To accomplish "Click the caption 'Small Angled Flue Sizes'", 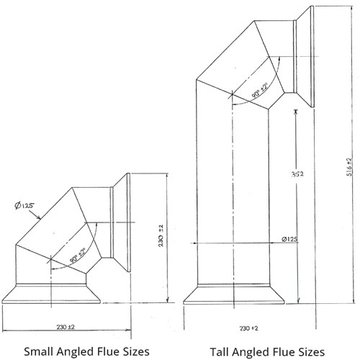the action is pyautogui.click(x=86, y=351).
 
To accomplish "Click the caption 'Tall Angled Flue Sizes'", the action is pyautogui.click(x=267, y=352).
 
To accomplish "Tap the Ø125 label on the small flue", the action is pyautogui.click(x=24, y=206).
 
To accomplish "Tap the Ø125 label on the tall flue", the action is pyautogui.click(x=289, y=239).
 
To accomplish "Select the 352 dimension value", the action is pyautogui.click(x=297, y=174).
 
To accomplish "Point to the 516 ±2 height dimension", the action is pyautogui.click(x=349, y=167).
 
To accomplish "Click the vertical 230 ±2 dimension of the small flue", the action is pyautogui.click(x=161, y=235).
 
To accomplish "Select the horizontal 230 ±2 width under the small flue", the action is pyautogui.click(x=66, y=327).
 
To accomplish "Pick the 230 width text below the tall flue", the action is pyautogui.click(x=249, y=328).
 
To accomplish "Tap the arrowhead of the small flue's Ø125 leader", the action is pyautogui.click(x=38, y=217).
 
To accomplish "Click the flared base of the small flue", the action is pyautogui.click(x=51, y=294).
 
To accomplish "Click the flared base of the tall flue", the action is pyautogui.click(x=234, y=294).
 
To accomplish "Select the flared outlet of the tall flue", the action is pyautogui.click(x=305, y=57).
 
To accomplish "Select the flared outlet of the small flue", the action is pyautogui.click(x=122, y=222).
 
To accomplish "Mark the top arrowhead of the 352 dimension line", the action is pyautogui.click(x=296, y=112).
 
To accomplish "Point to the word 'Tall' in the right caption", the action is pyautogui.click(x=219, y=351).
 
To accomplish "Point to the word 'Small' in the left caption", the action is pyautogui.click(x=38, y=351).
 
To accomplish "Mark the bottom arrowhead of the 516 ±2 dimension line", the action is pyautogui.click(x=354, y=302).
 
